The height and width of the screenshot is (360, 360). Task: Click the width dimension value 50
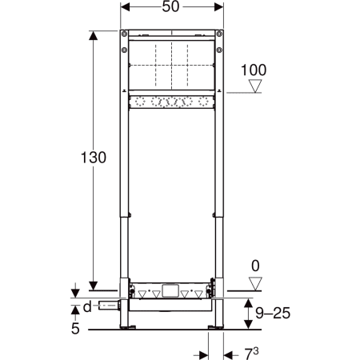tap(170, 6)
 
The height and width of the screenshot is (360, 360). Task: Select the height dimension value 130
tap(94, 158)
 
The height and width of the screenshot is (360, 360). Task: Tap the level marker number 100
tap(254, 70)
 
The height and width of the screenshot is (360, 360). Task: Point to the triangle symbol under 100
tap(255, 86)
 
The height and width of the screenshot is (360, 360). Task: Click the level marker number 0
tap(255, 266)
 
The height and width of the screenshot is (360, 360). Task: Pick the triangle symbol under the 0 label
tap(255, 284)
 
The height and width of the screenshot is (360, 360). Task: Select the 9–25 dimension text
tap(273, 313)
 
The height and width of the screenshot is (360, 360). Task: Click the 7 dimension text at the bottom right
tap(251, 354)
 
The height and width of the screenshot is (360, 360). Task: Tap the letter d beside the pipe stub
tap(87, 306)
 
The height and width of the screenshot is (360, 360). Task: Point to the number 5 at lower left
tap(75, 329)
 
